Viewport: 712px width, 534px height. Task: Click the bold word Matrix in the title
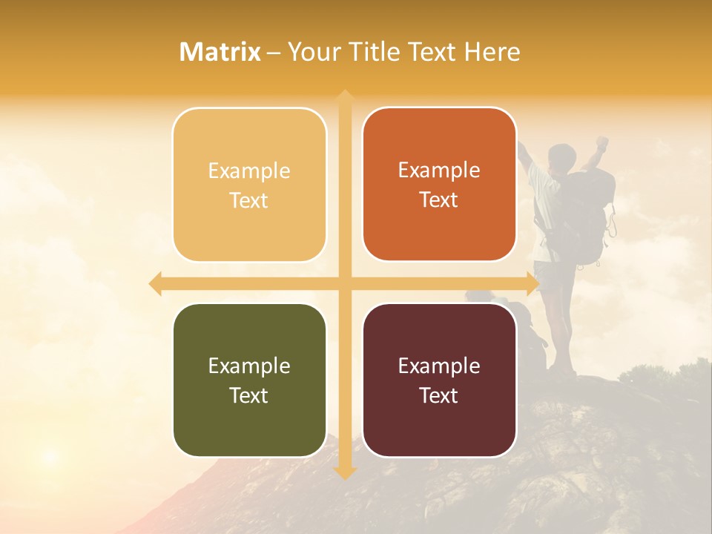(220, 52)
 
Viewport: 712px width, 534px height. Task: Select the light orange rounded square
(249, 185)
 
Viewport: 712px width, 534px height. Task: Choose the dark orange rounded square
(439, 185)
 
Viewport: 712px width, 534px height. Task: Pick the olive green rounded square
(249, 380)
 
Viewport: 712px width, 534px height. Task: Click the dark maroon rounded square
(439, 380)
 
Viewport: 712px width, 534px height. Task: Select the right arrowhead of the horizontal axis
(533, 283)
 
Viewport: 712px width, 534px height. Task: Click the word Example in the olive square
(249, 366)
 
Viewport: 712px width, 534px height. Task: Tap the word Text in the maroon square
(439, 395)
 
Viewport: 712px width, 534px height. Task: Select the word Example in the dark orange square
(439, 170)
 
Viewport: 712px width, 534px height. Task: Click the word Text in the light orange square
(249, 200)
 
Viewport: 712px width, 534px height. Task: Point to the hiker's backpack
(590, 215)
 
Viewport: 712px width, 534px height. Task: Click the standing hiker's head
(562, 156)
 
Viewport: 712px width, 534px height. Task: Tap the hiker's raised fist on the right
(603, 141)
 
